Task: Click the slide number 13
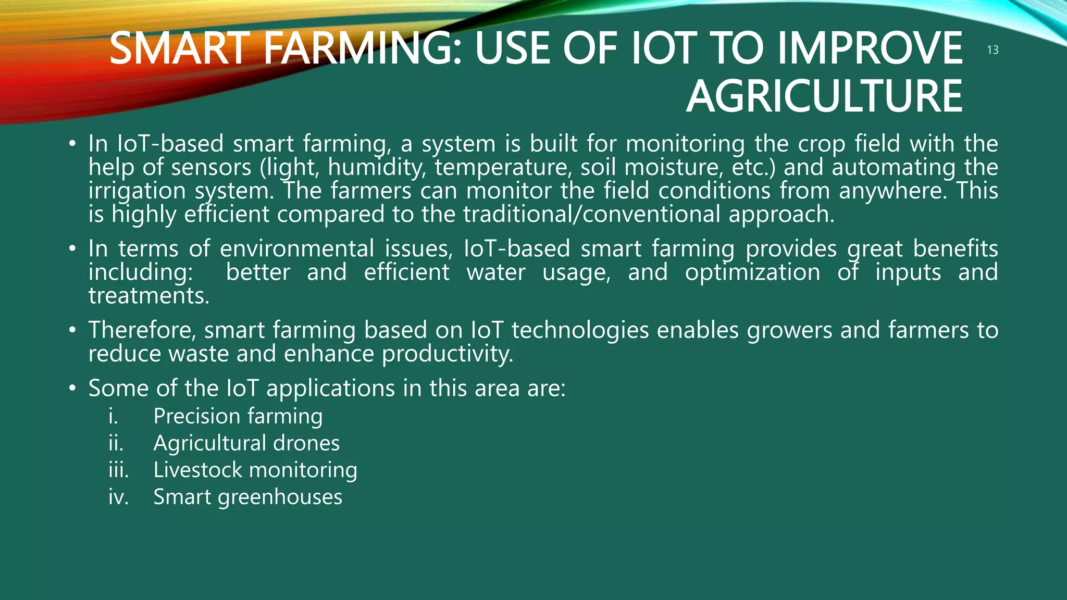pos(992,50)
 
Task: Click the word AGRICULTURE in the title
pos(824,96)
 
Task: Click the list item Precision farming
pos(238,416)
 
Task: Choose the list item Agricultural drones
pos(246,443)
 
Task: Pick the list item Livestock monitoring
pos(255,470)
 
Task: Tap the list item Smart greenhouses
pos(247,497)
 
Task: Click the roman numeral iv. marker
pos(118,497)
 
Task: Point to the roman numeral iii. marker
pos(118,470)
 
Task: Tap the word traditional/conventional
pos(591,215)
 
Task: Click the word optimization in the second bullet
pos(752,272)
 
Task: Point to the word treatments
pos(148,296)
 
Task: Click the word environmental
pos(297,248)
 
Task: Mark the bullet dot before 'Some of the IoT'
pos(72,389)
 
